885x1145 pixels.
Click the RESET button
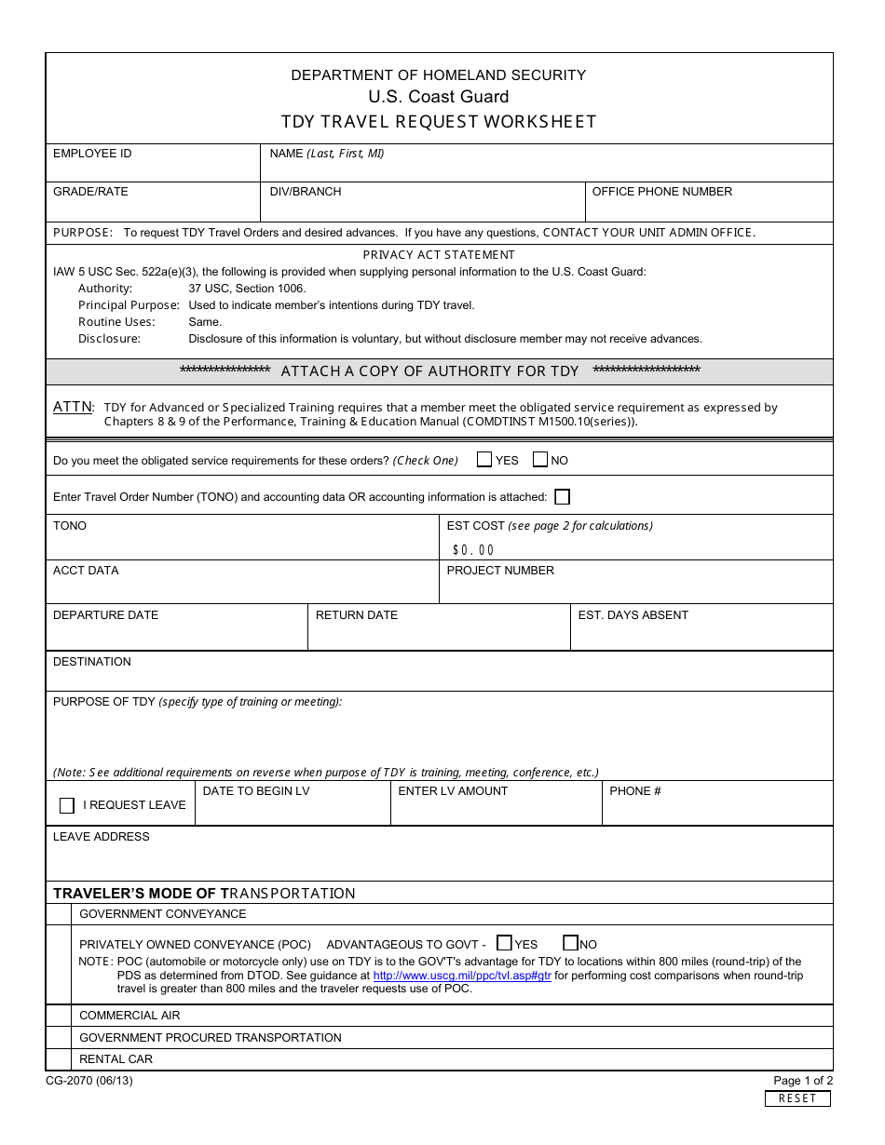pyautogui.click(x=797, y=1098)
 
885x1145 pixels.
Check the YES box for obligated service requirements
pyautogui.click(x=484, y=459)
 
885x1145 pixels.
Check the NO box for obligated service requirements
pyautogui.click(x=540, y=459)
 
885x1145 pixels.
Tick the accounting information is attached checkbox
pyautogui.click(x=562, y=497)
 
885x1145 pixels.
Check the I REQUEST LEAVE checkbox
pyautogui.click(x=67, y=805)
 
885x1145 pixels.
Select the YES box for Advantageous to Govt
pyautogui.click(x=504, y=943)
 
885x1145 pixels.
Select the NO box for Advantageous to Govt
pyautogui.click(x=571, y=943)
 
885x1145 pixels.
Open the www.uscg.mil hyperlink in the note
pyautogui.click(x=462, y=976)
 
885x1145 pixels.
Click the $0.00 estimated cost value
pyautogui.click(x=473, y=550)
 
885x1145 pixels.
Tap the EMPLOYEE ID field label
pyautogui.click(x=92, y=154)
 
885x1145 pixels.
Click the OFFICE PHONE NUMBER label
pyautogui.click(x=662, y=192)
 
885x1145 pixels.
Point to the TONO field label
pyautogui.click(x=70, y=526)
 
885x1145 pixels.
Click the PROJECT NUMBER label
pyautogui.click(x=500, y=571)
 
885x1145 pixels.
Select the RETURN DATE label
pyautogui.click(x=357, y=615)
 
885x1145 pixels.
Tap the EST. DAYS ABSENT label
pyautogui.click(x=633, y=615)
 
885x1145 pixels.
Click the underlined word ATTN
pyautogui.click(x=72, y=407)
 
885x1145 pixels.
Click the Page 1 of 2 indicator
pyautogui.click(x=803, y=1081)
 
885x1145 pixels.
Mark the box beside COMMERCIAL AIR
pyautogui.click(x=59, y=1016)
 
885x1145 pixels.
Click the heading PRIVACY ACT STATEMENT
pyautogui.click(x=439, y=255)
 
